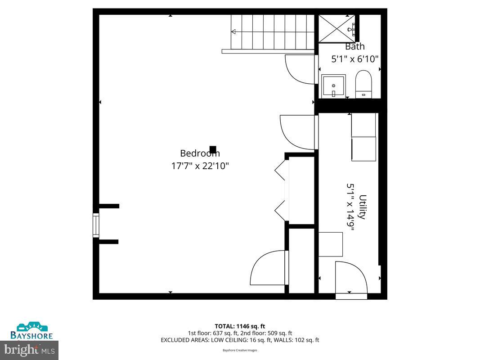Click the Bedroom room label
(200, 153)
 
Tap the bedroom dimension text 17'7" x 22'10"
(200, 166)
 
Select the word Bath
(355, 46)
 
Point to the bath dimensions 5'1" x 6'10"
(355, 59)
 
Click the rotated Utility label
(363, 207)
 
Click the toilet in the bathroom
(363, 84)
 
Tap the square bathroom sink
(333, 86)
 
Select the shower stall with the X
(337, 28)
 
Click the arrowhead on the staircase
(233, 31)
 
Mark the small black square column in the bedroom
(213, 149)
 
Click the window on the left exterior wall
(96, 225)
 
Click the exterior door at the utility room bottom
(351, 297)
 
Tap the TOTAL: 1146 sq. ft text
(240, 326)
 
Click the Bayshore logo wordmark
(31, 336)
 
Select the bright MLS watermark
(29, 350)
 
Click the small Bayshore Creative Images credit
(240, 350)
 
